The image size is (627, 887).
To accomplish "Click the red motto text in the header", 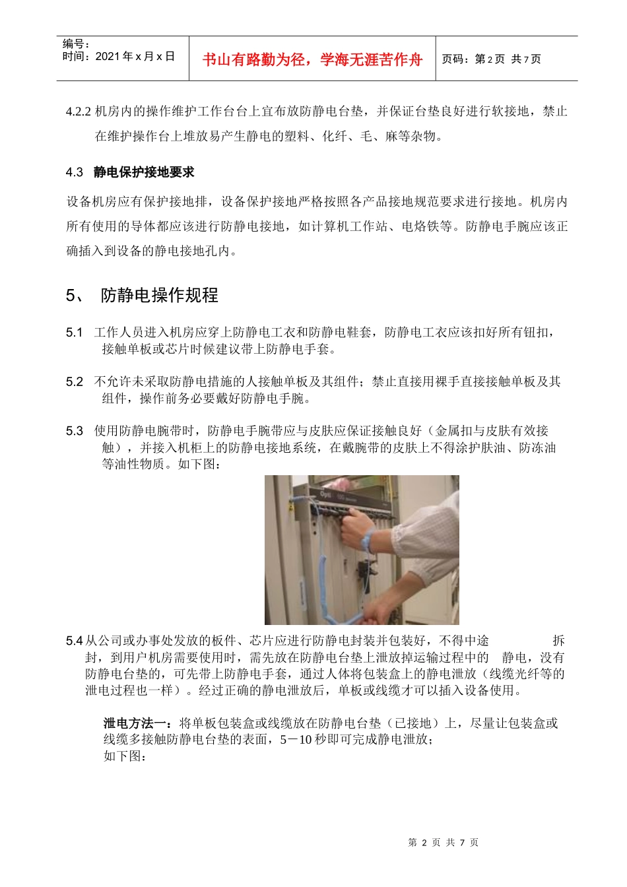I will (312, 59).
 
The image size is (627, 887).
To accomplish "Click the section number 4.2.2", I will (79, 112).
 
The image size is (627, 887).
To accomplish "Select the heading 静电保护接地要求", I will (144, 172).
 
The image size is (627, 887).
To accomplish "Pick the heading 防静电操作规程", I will (159, 295).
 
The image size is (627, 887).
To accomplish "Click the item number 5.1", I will (74, 332).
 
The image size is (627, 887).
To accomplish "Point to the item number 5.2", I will (74, 381).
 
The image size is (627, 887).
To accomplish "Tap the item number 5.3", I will (74, 431).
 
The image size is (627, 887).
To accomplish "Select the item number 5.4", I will (74, 641).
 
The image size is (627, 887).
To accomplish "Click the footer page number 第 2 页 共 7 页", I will (444, 843).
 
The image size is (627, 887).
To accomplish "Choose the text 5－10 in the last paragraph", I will (296, 740).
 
